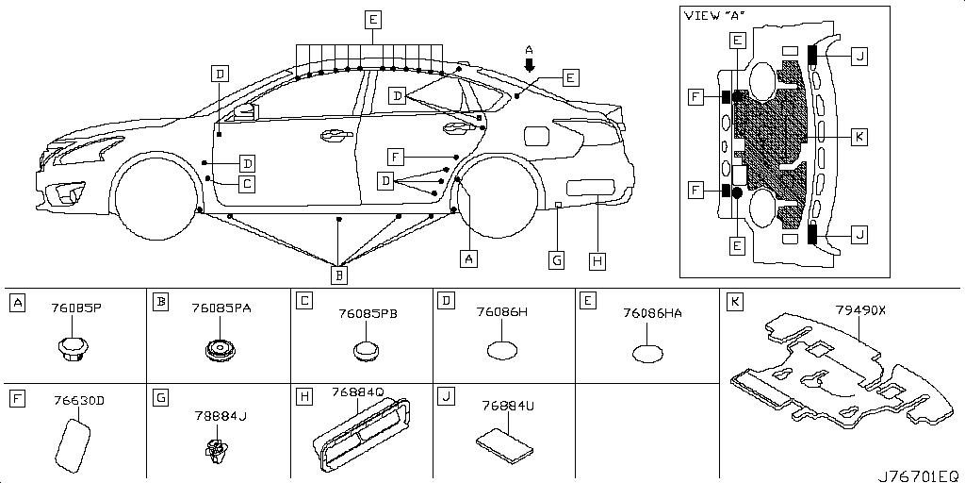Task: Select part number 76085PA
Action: click(221, 308)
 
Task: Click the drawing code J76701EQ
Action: click(920, 475)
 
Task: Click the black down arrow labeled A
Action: click(529, 64)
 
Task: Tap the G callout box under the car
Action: click(557, 258)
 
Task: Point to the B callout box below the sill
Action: click(340, 275)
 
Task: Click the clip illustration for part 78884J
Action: click(216, 451)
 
